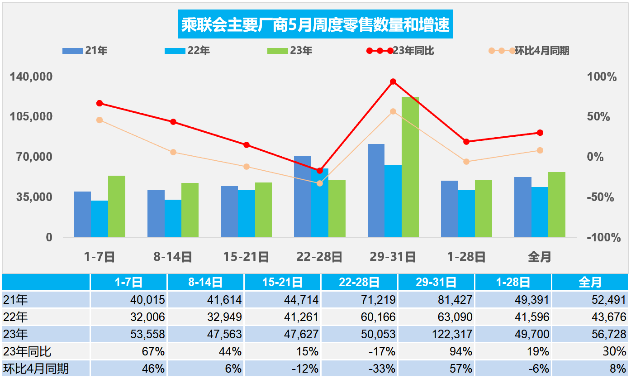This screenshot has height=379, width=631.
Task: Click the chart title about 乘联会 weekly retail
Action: (315, 24)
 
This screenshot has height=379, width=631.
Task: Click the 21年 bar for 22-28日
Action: (303, 196)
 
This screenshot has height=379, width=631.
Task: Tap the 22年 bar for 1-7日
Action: (100, 218)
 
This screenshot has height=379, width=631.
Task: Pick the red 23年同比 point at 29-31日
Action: (393, 82)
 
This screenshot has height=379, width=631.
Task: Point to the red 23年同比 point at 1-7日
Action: (100, 103)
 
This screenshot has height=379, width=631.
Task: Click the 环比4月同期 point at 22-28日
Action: (320, 183)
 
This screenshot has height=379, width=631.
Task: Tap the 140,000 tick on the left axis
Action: (31, 77)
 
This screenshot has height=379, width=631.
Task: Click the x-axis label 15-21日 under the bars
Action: (246, 257)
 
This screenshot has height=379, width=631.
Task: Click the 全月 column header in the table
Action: (590, 282)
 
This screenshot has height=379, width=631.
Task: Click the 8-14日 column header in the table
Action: (205, 282)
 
